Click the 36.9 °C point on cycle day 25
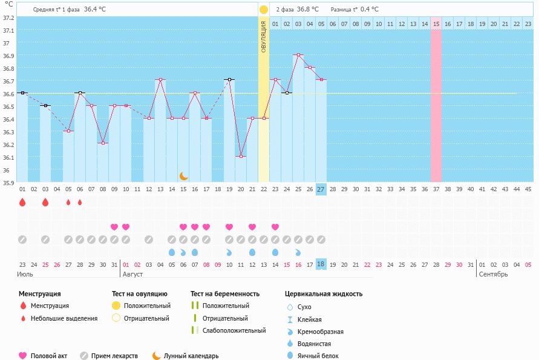pyautogui.click(x=298, y=55)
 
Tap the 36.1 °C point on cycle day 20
pyautogui.click(x=241, y=157)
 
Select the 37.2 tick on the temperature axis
pyautogui.click(x=8, y=18)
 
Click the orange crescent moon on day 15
pyautogui.click(x=183, y=176)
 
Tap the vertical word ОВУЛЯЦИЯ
pyautogui.click(x=264, y=36)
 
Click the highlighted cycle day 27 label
pyautogui.click(x=321, y=189)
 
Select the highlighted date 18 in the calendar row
pyautogui.click(x=321, y=264)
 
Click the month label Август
pyautogui.click(x=132, y=274)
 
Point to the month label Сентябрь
pyautogui.click(x=493, y=274)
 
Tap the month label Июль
pyautogui.click(x=25, y=274)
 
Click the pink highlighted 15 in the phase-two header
pyautogui.click(x=436, y=24)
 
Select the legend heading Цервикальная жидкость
pyautogui.click(x=324, y=294)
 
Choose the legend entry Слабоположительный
pyautogui.click(x=234, y=330)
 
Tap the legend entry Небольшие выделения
pyautogui.click(x=64, y=318)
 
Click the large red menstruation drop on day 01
pyautogui.click(x=22, y=203)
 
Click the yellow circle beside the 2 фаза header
pyautogui.click(x=264, y=10)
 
